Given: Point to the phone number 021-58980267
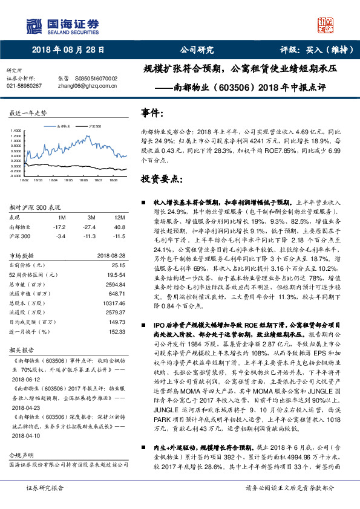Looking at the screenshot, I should point(24,86).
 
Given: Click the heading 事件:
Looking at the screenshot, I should point(153,113).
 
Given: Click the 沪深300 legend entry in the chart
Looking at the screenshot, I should point(94,127).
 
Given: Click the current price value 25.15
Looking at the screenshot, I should point(118,265).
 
